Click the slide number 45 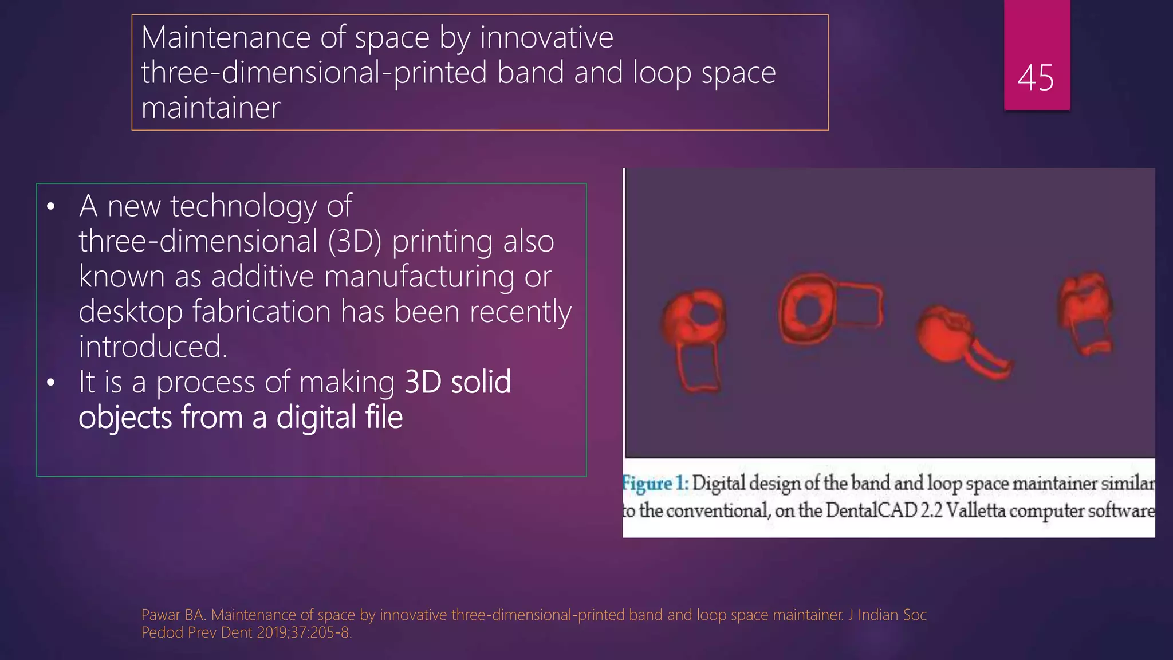point(1036,77)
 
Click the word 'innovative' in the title point(546,38)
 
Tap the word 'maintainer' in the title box point(211,108)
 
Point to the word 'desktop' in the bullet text point(131,312)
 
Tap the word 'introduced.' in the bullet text point(153,347)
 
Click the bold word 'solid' point(481,382)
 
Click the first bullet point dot point(51,207)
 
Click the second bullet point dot point(51,383)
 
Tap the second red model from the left point(825,309)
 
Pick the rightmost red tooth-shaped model point(1086,312)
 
